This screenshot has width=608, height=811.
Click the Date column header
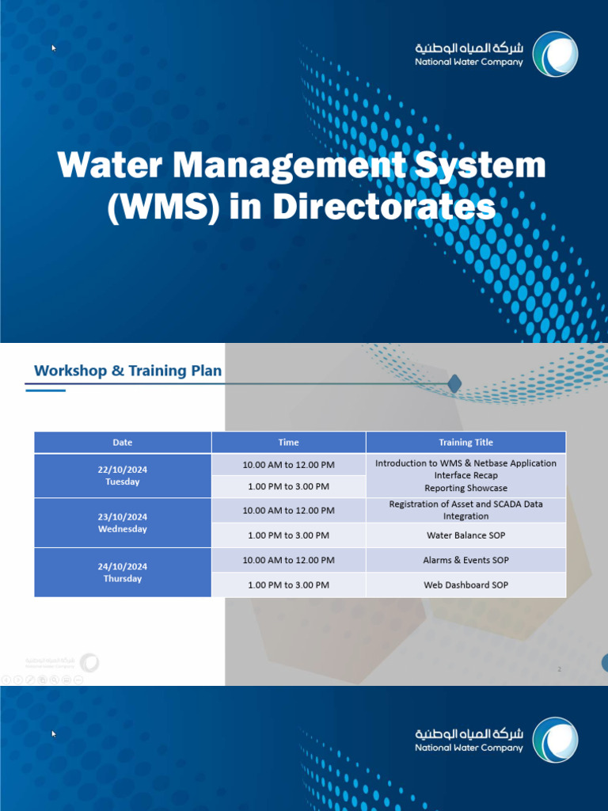point(123,443)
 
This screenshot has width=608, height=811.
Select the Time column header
point(288,443)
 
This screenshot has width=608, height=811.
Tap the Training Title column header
point(465,443)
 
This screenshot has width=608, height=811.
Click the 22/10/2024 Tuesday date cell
point(123,475)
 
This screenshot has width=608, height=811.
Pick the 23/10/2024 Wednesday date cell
point(123,523)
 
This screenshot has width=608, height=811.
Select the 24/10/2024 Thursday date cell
point(123,573)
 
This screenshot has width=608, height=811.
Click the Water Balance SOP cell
point(465,535)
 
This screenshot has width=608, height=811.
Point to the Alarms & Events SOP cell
point(465,560)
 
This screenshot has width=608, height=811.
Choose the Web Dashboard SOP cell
point(465,585)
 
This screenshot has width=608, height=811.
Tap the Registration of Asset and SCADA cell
point(465,510)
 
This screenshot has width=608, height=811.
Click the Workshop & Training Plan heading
point(127,371)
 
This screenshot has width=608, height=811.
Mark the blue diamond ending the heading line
point(454,384)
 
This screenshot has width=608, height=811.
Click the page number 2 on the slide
point(559,670)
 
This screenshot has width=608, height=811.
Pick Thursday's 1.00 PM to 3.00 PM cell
point(288,585)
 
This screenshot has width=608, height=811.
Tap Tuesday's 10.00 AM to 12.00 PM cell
point(288,463)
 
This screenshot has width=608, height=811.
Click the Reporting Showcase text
point(465,488)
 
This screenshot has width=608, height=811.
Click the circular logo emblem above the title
point(554,54)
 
